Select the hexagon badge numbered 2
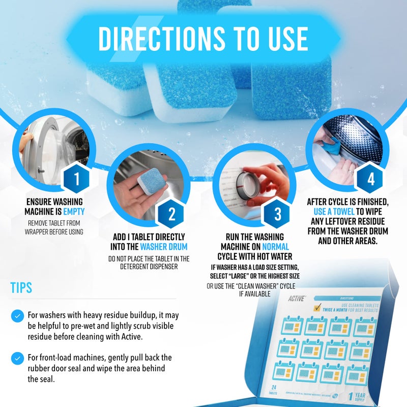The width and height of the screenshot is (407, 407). pyautogui.click(x=171, y=215)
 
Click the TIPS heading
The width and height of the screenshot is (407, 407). pyautogui.click(x=21, y=287)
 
